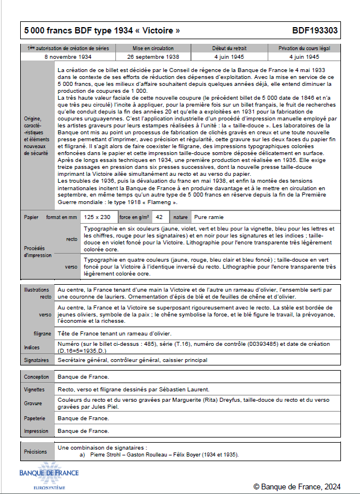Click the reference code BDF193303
315,31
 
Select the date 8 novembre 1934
67,57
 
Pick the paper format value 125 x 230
97,217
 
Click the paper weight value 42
159,217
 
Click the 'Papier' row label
31,217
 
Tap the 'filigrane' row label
43,334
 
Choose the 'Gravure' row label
33,404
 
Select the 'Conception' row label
36,377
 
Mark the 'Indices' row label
32,348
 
